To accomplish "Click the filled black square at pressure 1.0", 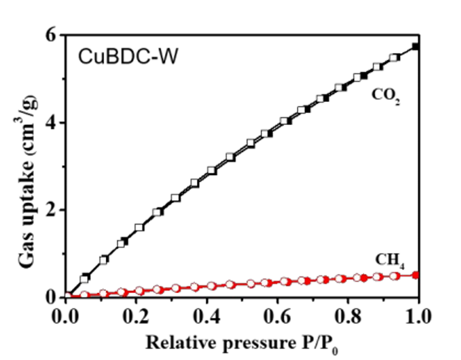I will [415, 47].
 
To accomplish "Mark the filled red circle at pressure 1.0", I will [415, 274].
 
